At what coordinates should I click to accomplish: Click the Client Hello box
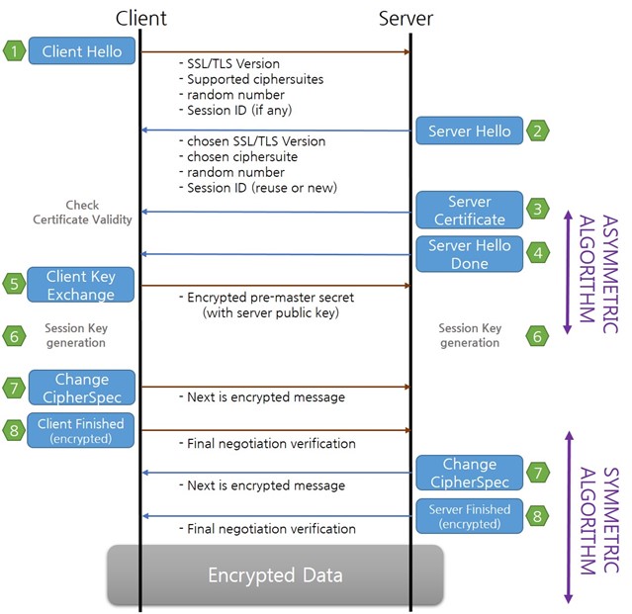[82, 50]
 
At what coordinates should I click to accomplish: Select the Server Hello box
[470, 131]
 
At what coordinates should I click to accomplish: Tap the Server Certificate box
[470, 210]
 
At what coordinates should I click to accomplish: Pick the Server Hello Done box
[470, 254]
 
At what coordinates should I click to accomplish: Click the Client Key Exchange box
[81, 285]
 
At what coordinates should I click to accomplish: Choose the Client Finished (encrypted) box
[81, 430]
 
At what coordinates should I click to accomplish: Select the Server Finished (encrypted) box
[470, 516]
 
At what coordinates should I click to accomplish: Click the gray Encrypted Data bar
[276, 574]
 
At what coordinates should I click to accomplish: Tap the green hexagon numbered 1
[14, 51]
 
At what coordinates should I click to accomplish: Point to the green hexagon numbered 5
[14, 284]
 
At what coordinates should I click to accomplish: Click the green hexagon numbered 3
[537, 209]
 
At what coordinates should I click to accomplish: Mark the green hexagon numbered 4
[537, 253]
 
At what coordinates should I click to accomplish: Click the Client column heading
[141, 18]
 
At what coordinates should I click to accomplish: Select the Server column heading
[406, 18]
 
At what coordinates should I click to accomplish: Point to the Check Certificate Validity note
[82, 213]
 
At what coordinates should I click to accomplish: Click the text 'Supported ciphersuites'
[255, 79]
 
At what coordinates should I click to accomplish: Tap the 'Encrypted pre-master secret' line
[270, 298]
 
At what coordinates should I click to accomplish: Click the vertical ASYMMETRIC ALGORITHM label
[598, 274]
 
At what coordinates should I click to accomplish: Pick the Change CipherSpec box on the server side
[470, 473]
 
